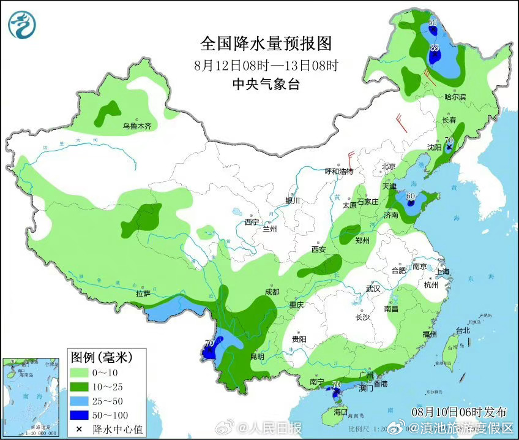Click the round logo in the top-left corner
[x=22, y=25]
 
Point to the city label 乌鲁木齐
[x=136, y=126]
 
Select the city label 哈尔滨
[x=455, y=97]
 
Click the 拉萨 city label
[x=143, y=294]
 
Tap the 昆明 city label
[x=257, y=356]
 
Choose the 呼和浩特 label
[x=338, y=172]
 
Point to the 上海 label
[x=442, y=271]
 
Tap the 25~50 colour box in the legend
[x=79, y=400]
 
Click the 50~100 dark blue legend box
[x=79, y=414]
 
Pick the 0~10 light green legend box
[x=79, y=372]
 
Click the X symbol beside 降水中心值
[x=79, y=427]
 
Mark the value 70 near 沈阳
[x=449, y=141]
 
